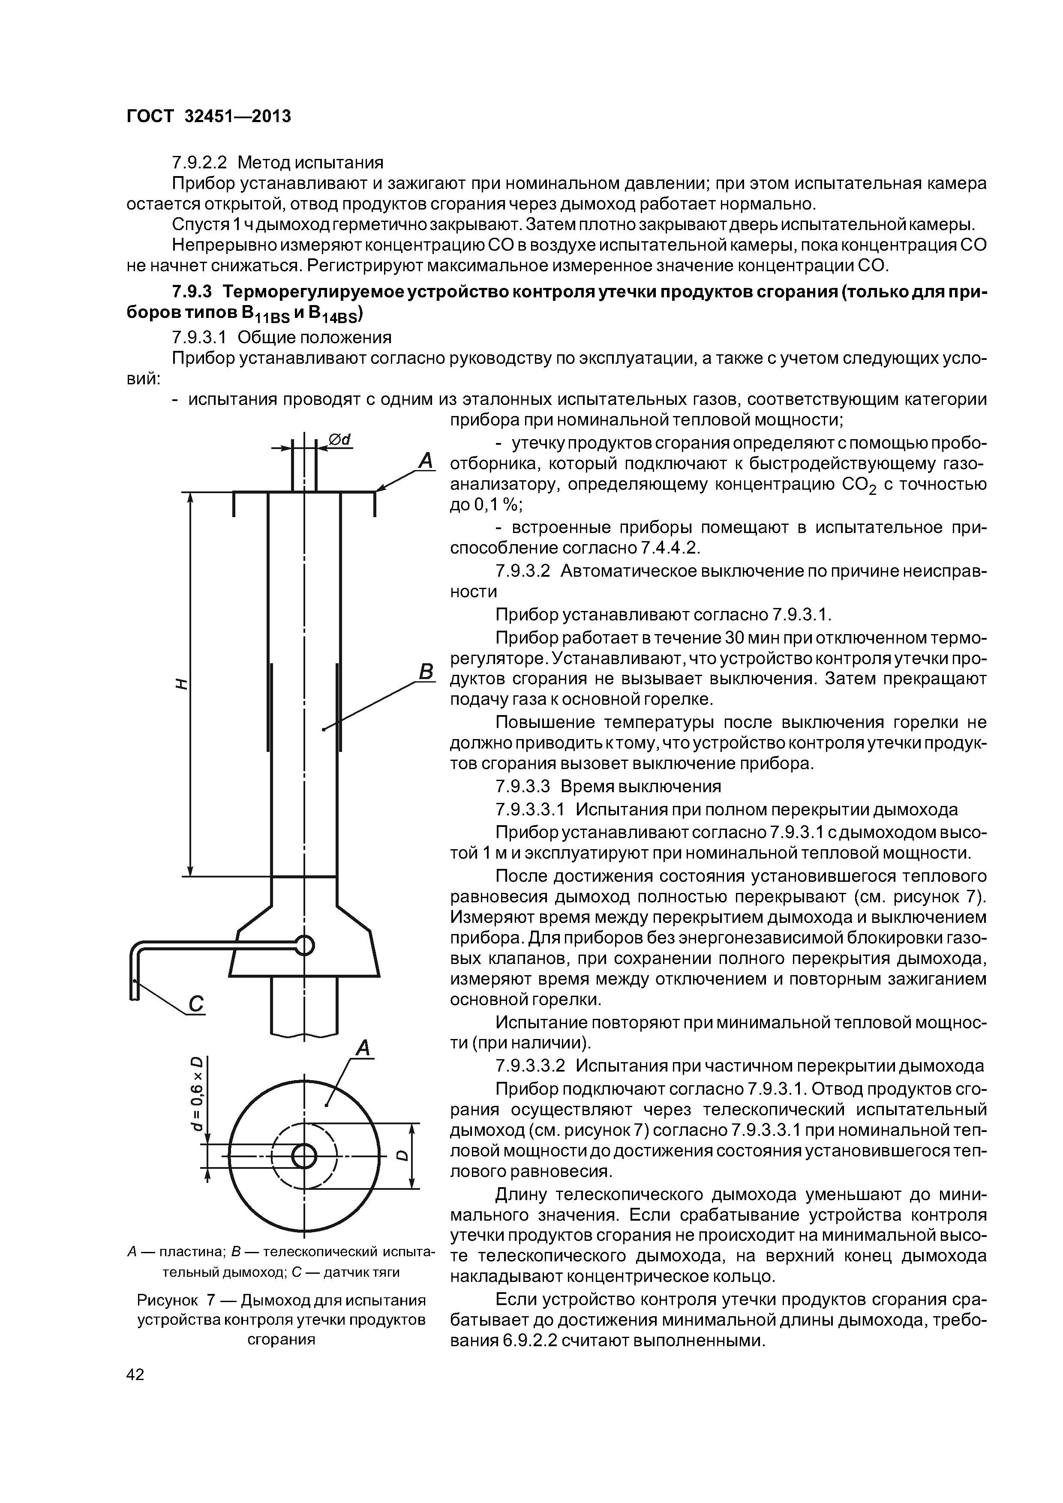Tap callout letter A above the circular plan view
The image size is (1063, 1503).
tap(363, 1049)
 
